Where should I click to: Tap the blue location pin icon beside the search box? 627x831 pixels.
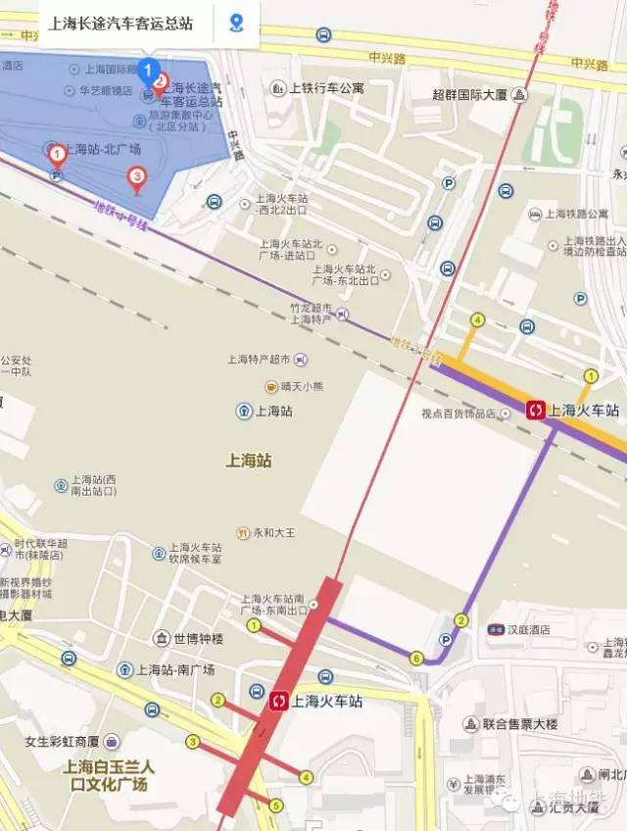(x=236, y=22)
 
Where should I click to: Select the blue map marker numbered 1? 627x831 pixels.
(x=148, y=71)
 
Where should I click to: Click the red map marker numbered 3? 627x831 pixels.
(x=137, y=177)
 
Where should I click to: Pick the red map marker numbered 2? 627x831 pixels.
(x=161, y=83)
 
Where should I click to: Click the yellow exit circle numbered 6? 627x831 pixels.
(x=417, y=658)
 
